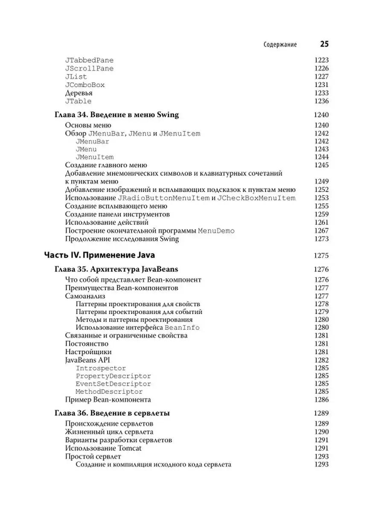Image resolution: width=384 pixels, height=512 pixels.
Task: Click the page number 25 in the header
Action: pos(324,44)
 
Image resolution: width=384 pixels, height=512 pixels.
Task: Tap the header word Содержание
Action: pos(280,44)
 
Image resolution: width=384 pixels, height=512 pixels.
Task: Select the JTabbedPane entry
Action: pos(89,61)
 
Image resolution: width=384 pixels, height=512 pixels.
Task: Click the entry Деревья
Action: pos(79,93)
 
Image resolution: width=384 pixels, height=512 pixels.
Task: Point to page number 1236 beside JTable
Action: pos(321,101)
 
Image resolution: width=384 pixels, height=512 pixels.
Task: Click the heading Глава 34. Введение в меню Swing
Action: pos(117,115)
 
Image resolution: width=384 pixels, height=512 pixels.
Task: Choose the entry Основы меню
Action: pos(88,125)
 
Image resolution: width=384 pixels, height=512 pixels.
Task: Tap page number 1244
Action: pos(321,157)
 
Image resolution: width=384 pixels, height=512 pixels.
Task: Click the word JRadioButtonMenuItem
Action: pos(163,198)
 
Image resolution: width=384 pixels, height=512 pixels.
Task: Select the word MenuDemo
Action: pos(216,231)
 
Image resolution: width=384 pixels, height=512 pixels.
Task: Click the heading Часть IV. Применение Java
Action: pos(99,256)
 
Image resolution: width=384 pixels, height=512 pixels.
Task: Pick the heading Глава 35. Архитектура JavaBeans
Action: pos(116,269)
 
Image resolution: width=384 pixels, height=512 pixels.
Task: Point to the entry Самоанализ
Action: pos(85,296)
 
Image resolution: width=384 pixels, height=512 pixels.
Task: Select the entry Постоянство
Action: pos(87,343)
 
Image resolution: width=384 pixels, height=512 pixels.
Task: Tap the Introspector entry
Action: pos(101,368)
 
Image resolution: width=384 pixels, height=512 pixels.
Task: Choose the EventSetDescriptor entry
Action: pos(113,384)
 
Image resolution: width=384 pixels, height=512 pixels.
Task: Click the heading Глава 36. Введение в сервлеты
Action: pos(112,413)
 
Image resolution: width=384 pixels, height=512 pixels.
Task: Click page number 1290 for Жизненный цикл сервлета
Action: pos(321,432)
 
